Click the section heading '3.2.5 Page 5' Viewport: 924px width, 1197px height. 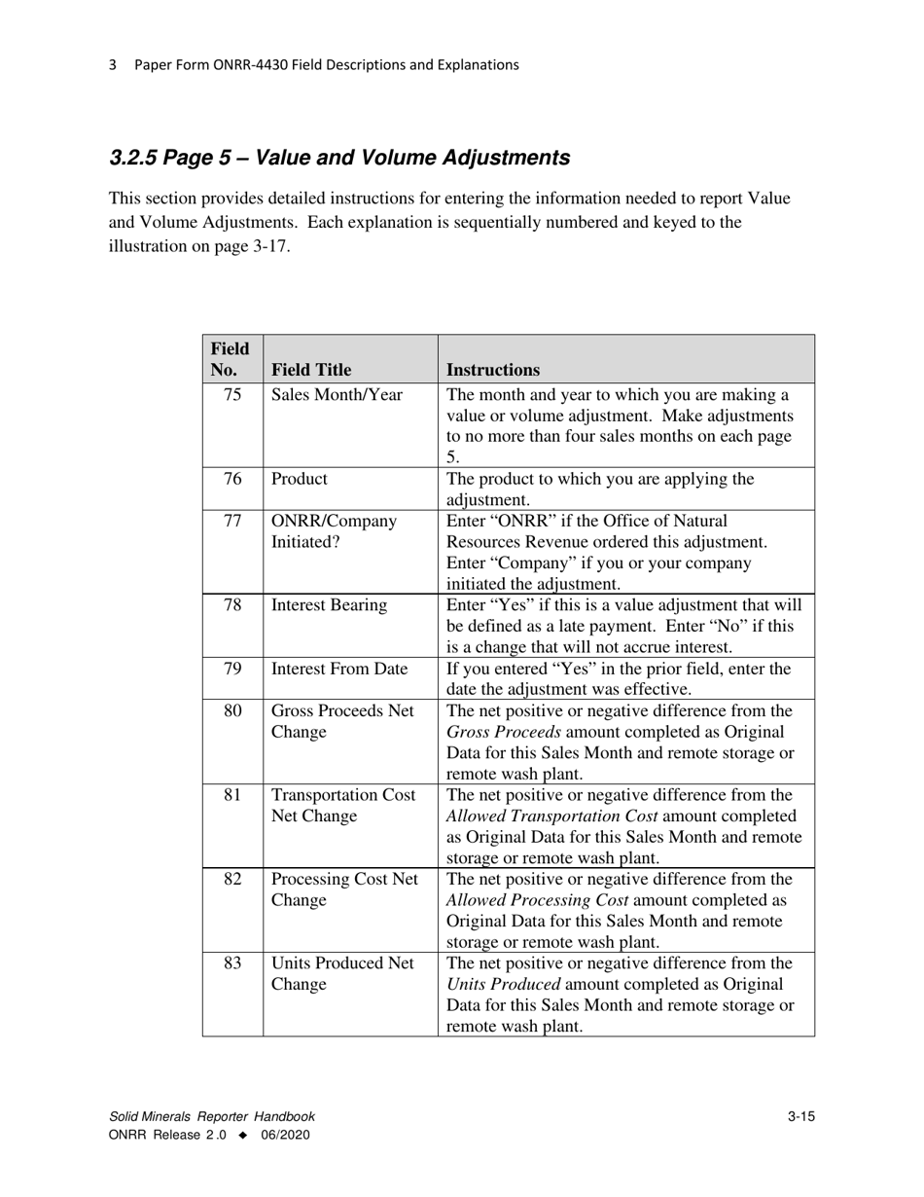click(339, 158)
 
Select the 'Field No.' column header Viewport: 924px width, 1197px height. click(230, 359)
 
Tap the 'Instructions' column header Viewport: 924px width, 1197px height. click(493, 370)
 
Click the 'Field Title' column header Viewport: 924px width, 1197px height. click(311, 370)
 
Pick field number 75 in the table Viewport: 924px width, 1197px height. click(232, 395)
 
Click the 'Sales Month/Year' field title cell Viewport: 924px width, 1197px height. click(337, 395)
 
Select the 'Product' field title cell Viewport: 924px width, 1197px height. click(300, 479)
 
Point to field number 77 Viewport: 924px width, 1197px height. click(232, 521)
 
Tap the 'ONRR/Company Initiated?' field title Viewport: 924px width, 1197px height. click(334, 531)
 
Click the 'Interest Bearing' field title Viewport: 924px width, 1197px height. click(329, 605)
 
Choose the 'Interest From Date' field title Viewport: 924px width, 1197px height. click(339, 669)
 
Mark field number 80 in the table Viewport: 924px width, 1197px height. click(232, 711)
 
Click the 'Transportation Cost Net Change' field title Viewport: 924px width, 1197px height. click(343, 806)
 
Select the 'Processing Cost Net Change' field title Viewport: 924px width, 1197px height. click(344, 889)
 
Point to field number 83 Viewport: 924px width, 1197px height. click(232, 963)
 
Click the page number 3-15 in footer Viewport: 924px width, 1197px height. click(800, 1117)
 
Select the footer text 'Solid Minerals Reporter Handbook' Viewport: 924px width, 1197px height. click(212, 1117)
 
